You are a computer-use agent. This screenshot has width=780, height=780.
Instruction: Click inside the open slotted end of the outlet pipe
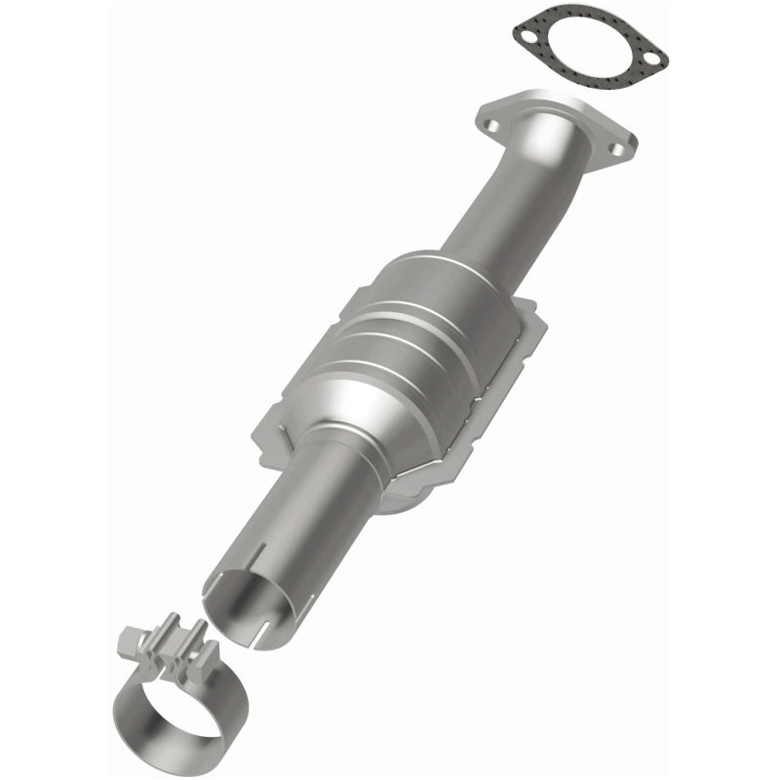click(x=244, y=600)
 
